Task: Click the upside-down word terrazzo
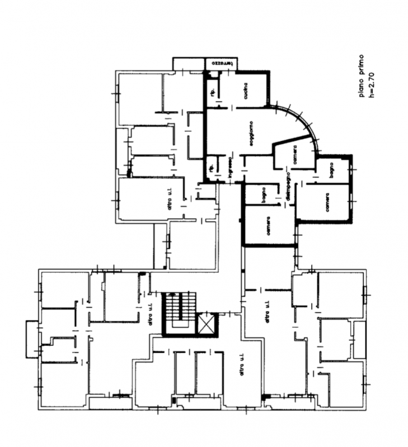[222, 63]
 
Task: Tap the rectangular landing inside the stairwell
[180, 322]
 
